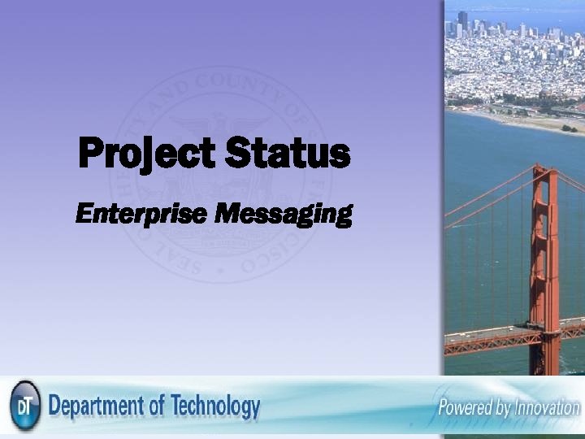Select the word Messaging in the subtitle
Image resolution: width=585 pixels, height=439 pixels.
coord(284,215)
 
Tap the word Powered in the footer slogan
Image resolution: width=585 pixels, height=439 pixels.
coord(466,407)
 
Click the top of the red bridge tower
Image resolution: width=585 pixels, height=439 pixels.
coord(544,172)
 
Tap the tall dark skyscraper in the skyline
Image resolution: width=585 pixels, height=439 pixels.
coord(462,18)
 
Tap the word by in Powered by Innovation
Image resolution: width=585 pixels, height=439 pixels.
coord(502,407)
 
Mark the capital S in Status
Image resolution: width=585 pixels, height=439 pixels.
coord(238,154)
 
